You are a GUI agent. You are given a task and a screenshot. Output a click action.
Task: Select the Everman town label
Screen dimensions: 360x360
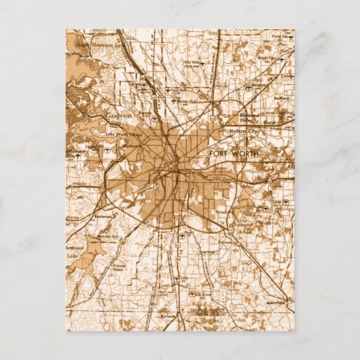[x=207, y=251]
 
